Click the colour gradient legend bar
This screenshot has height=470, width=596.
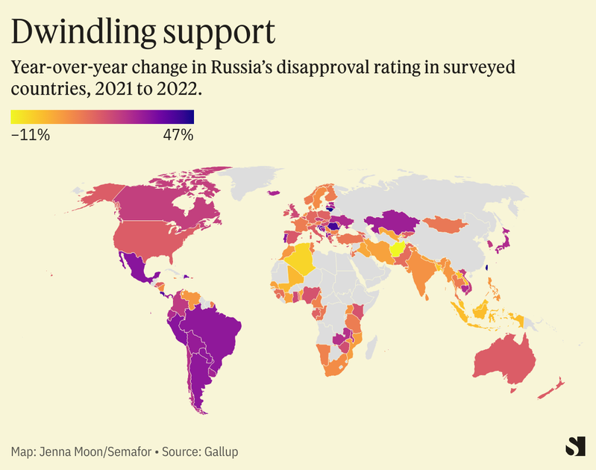point(102,116)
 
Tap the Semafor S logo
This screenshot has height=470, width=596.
point(574,445)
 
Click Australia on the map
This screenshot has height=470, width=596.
point(507,358)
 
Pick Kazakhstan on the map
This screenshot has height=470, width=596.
point(388,220)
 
